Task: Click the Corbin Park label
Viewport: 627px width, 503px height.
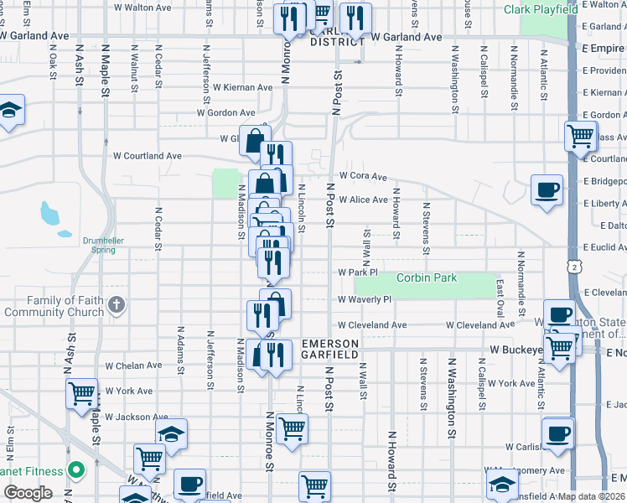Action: coord(427,277)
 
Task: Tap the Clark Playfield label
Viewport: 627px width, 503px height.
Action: coord(541,9)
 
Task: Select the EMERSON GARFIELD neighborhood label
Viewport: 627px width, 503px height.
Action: coord(330,350)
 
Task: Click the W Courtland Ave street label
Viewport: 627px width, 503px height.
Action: coord(148,156)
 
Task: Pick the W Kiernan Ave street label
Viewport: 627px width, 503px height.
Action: coord(242,87)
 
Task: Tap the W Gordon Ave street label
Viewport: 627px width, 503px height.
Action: coord(225,112)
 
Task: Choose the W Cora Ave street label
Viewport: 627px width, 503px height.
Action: coord(362,177)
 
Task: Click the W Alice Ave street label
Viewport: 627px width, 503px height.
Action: coord(363,200)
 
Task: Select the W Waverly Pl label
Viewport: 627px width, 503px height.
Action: coord(365,299)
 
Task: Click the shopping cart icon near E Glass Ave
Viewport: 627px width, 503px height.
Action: coord(580,135)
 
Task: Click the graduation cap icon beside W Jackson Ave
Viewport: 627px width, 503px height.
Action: coord(171,433)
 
